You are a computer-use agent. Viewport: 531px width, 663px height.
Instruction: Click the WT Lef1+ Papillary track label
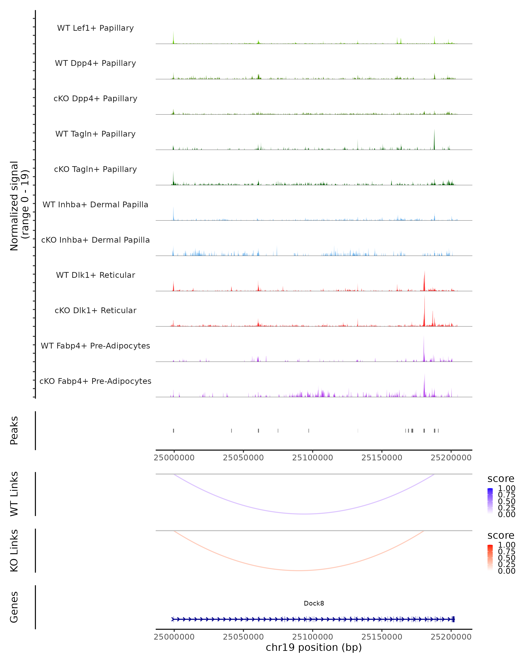(x=95, y=28)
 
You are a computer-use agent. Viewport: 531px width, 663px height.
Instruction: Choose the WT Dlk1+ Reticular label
(x=95, y=275)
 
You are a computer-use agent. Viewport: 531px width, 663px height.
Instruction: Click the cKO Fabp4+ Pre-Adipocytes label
(x=95, y=381)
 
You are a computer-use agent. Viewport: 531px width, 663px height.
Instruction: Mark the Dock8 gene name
(x=314, y=603)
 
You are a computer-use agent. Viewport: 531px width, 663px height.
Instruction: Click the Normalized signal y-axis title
(x=19, y=206)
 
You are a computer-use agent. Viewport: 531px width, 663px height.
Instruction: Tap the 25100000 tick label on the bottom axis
(x=312, y=637)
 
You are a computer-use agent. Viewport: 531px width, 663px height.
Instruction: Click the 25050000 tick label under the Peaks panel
(x=243, y=458)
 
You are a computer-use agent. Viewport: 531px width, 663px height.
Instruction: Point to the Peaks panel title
(x=14, y=431)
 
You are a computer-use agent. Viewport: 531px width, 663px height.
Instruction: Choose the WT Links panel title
(x=14, y=494)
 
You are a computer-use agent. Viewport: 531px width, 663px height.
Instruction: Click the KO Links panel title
(x=14, y=551)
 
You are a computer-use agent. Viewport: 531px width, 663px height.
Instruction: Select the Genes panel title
(x=14, y=607)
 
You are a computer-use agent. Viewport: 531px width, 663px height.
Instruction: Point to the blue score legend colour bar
(x=490, y=501)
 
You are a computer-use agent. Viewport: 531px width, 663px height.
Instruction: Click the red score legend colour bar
(x=490, y=558)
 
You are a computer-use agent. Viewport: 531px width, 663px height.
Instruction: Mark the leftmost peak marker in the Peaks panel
(x=174, y=431)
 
